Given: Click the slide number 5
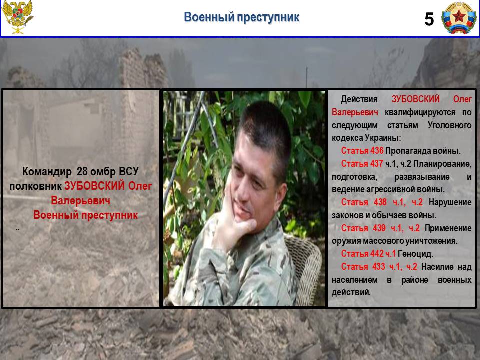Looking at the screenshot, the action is [429, 19].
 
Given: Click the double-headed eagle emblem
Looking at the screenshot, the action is [18, 17].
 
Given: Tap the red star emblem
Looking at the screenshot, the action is [459, 18].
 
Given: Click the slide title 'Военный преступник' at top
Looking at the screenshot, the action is [241, 17].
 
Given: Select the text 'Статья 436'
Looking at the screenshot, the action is [362, 151].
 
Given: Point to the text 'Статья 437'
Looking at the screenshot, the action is [362, 164].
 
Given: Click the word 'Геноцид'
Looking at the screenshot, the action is [415, 254].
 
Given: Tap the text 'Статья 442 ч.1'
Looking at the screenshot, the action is [368, 254].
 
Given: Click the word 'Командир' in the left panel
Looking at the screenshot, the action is [47, 171].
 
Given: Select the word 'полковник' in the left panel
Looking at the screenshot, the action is [36, 186].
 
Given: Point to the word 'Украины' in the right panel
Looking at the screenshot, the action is [382, 138].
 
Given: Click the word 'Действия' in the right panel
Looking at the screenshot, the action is [359, 99].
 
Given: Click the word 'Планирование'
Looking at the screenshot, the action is [442, 164].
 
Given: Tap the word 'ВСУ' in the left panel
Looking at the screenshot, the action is [129, 171].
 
